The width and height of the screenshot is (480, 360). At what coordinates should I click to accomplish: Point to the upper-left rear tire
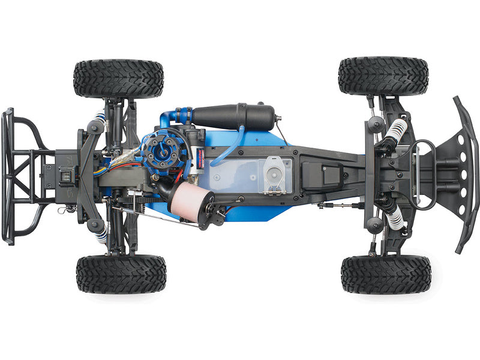coord(118,78)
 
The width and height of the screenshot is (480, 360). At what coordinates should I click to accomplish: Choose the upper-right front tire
coord(383,76)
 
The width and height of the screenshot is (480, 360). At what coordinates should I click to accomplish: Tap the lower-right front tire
coord(386,274)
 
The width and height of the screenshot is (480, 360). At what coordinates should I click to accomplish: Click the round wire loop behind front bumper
coord(423,174)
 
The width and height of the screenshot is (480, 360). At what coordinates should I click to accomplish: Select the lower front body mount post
coord(375,224)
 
